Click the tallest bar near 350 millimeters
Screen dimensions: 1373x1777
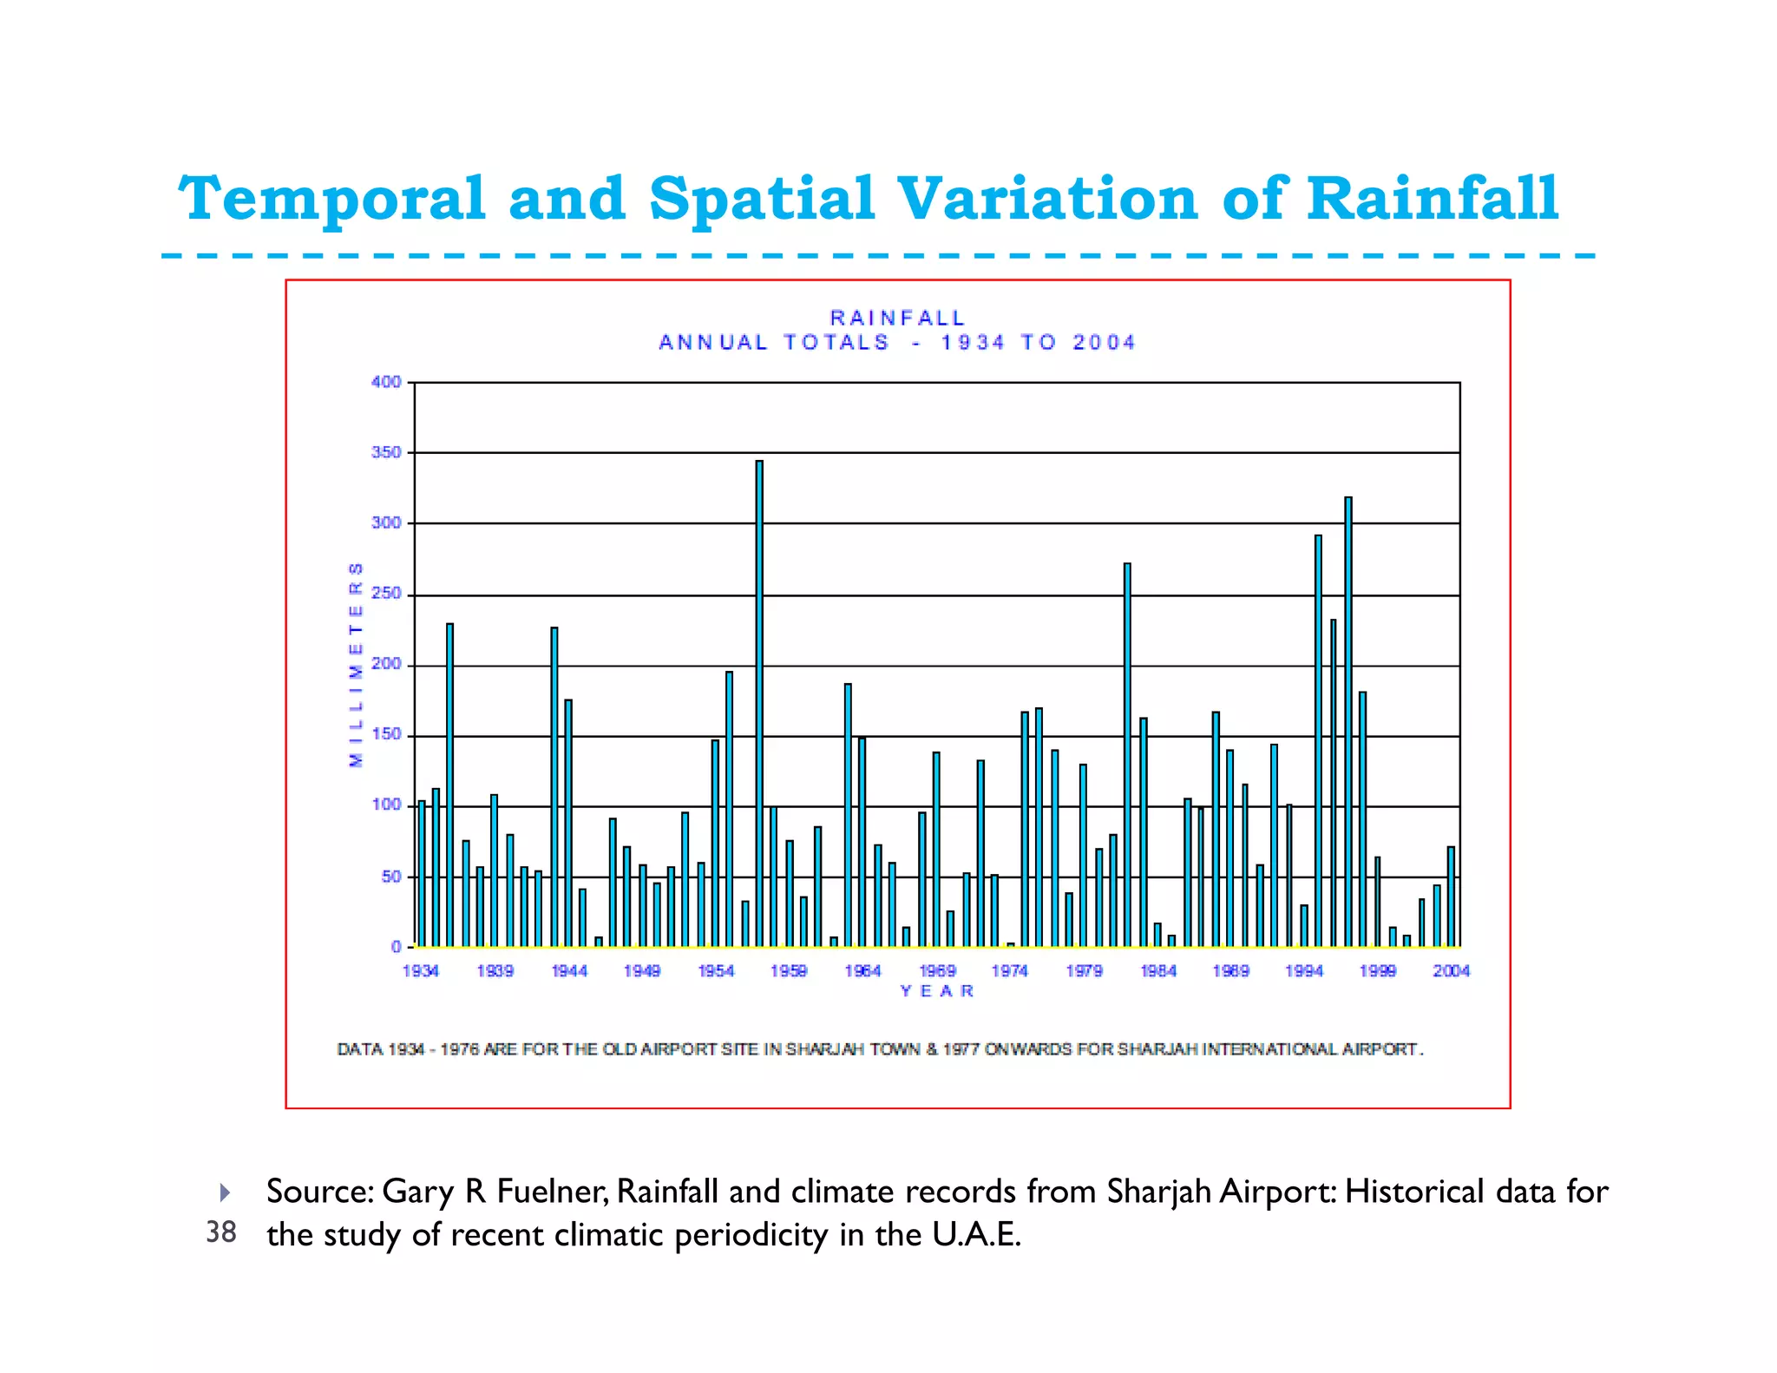[x=759, y=703]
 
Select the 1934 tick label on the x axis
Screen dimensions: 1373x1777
[x=421, y=971]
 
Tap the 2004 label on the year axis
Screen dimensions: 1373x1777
[x=1451, y=971]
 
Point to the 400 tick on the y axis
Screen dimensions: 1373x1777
[x=386, y=382]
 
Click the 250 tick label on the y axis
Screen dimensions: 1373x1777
[x=386, y=594]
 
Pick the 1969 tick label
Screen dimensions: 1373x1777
[x=937, y=971]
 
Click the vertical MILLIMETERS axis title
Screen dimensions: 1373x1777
[x=356, y=665]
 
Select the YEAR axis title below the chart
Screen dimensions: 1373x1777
[x=937, y=991]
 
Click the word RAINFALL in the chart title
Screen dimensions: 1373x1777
[x=897, y=319]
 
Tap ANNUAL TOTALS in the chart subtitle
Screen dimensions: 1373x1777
[x=774, y=343]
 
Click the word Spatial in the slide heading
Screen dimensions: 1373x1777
[x=762, y=199]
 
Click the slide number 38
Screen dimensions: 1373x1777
[x=221, y=1232]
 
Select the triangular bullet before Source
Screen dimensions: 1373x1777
[x=225, y=1192]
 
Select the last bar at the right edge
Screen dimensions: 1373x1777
[x=1451, y=897]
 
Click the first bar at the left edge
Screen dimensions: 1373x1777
[x=422, y=873]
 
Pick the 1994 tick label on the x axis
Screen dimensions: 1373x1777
[x=1303, y=971]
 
